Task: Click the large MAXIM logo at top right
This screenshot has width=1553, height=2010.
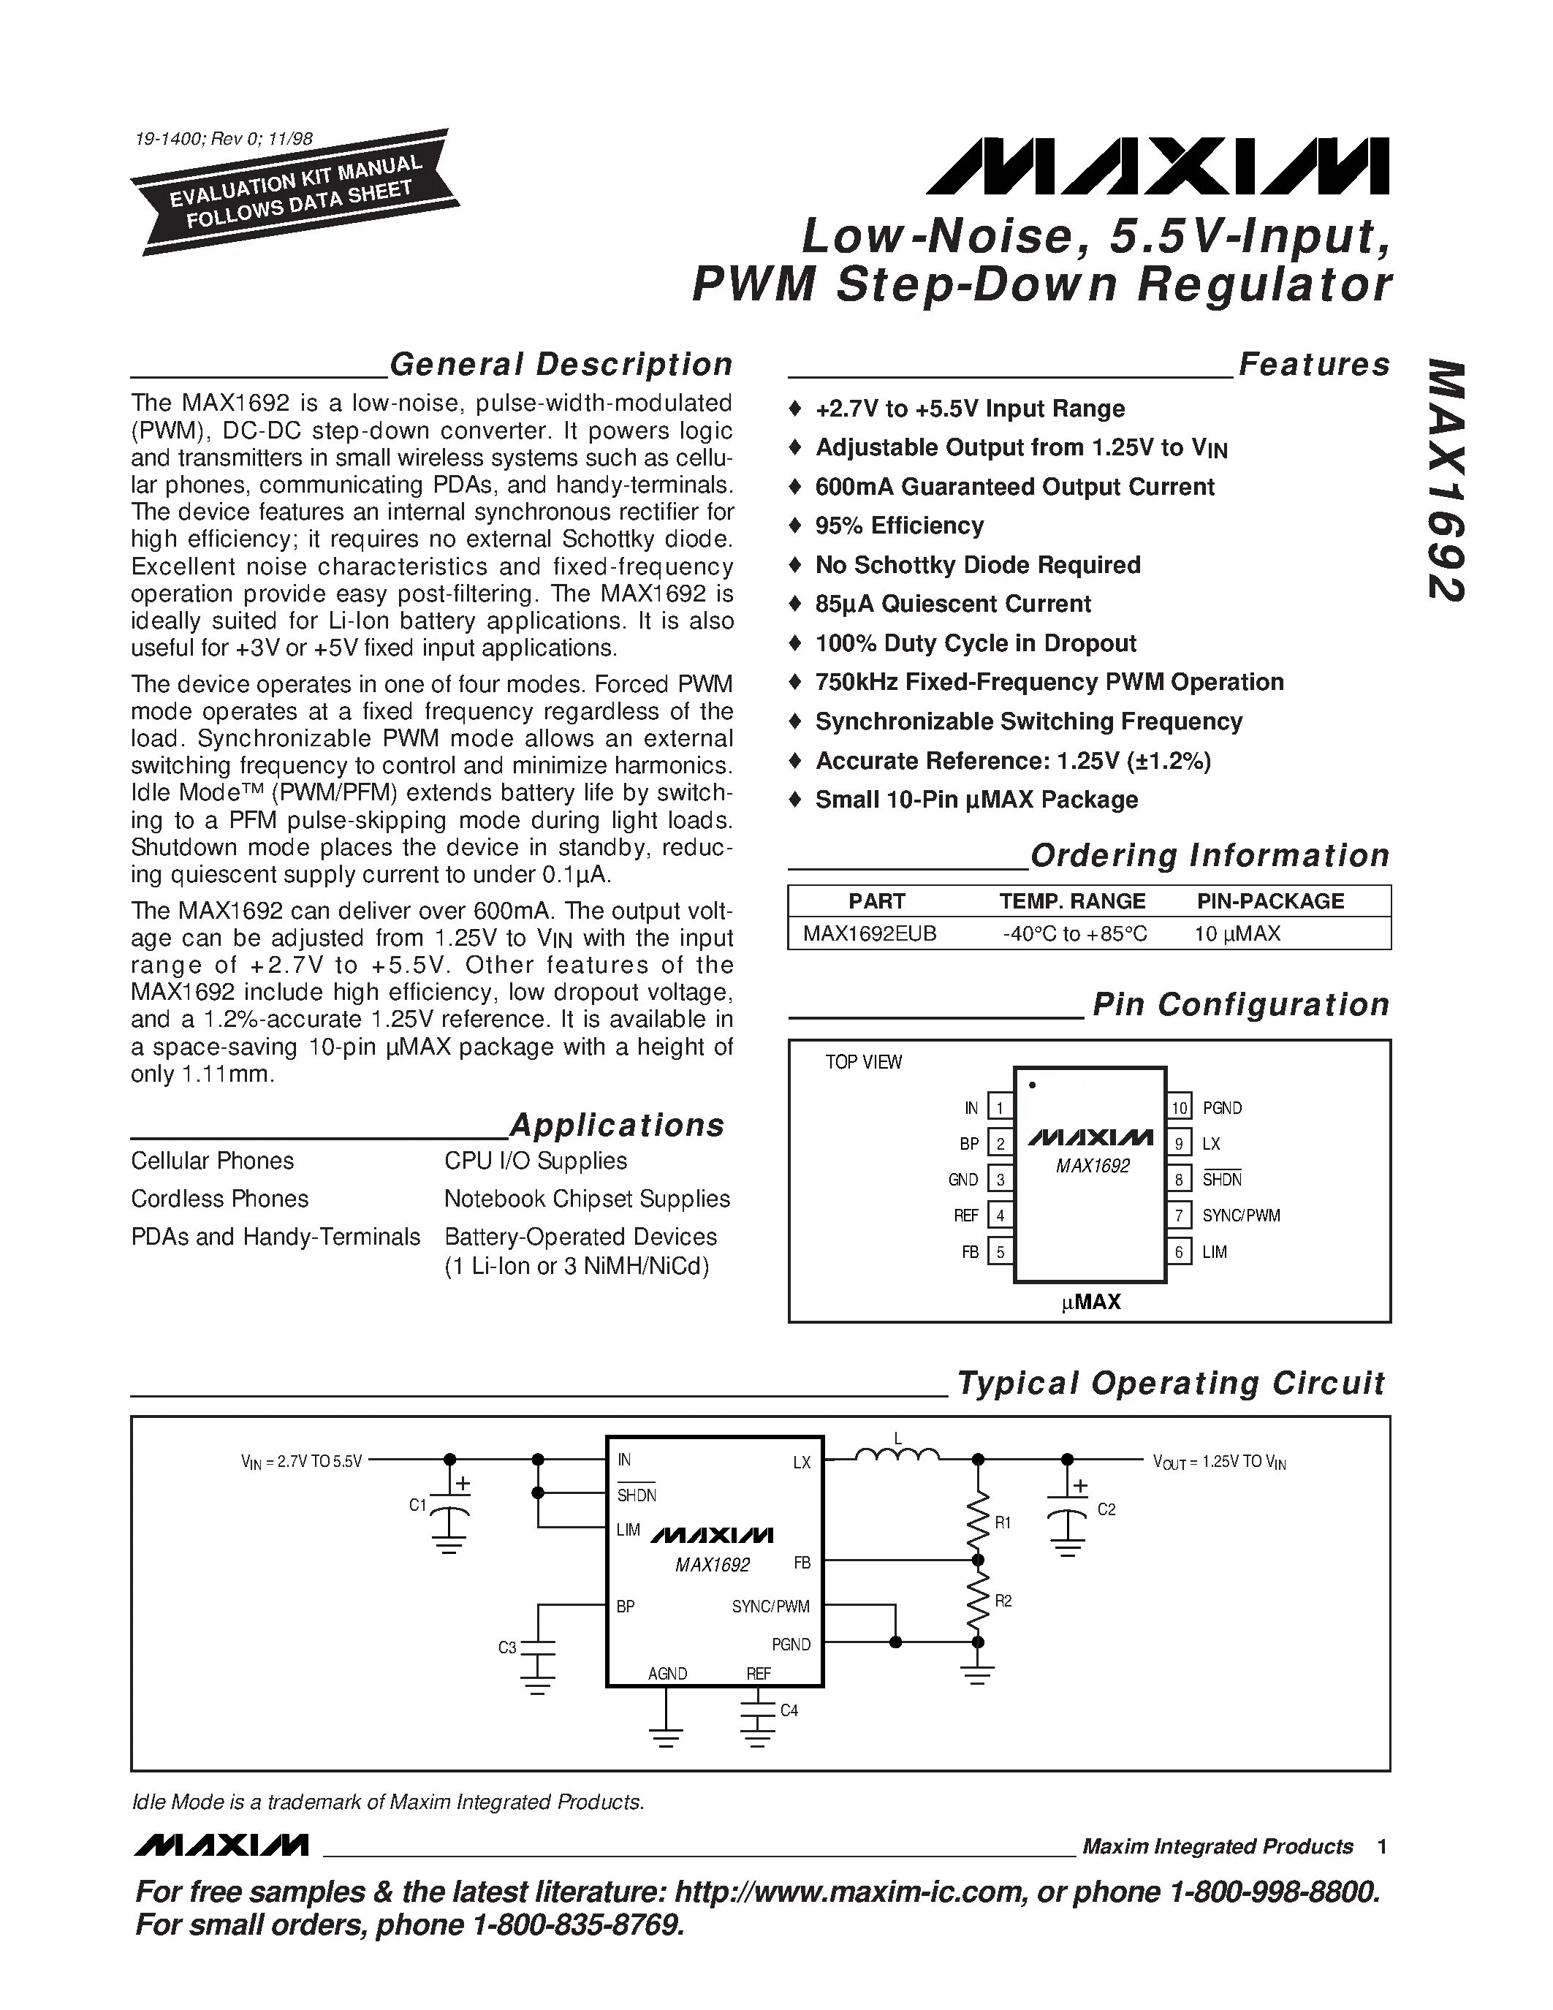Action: coord(1158,167)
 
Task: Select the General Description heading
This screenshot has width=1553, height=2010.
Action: coord(561,365)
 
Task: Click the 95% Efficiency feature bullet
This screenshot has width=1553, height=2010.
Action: coord(899,526)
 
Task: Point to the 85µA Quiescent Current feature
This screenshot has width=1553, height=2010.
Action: coord(952,604)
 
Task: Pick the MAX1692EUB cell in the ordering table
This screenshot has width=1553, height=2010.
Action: coord(870,933)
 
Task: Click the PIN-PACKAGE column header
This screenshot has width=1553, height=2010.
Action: coord(1269,901)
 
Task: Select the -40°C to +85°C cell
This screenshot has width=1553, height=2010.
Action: coord(1074,933)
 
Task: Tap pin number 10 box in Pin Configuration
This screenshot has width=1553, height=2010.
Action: coord(1180,1107)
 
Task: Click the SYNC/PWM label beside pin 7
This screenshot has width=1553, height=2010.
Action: coord(1240,1215)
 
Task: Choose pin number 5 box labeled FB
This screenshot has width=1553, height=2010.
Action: coord(1000,1251)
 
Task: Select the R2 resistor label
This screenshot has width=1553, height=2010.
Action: coord(1003,1601)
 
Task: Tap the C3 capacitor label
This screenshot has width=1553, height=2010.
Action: coord(507,1647)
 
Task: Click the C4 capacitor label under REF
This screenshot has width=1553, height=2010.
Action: coord(789,1710)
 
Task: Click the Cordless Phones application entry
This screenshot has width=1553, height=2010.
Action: coord(220,1198)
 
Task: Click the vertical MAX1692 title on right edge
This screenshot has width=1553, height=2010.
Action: coord(1446,480)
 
